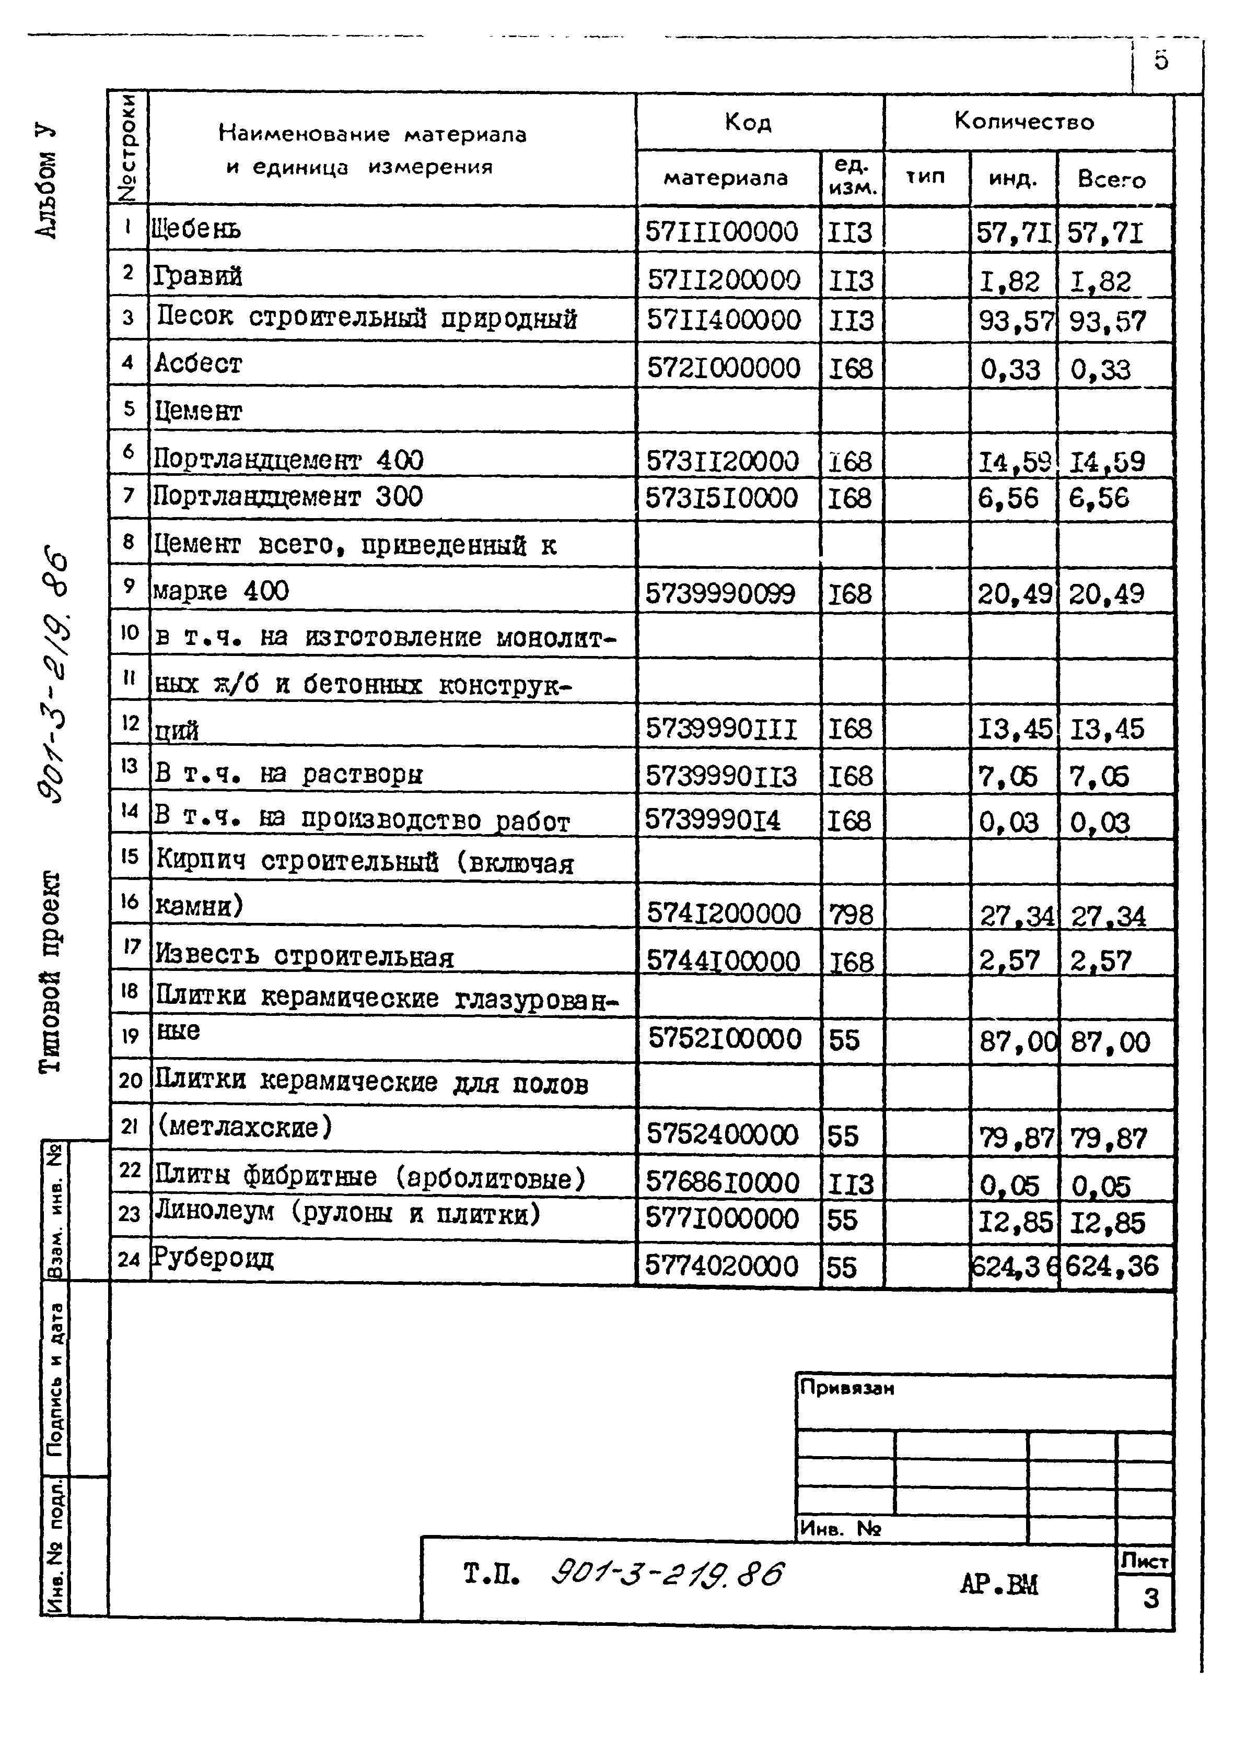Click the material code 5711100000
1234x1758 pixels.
pyautogui.click(x=721, y=231)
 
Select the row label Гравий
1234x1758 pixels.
pyautogui.click(x=197, y=276)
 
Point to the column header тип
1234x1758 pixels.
pyautogui.click(x=925, y=177)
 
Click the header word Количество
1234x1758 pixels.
pyautogui.click(x=1023, y=121)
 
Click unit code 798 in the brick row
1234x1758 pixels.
pyautogui.click(x=850, y=914)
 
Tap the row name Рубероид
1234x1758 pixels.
pyautogui.click(x=212, y=1258)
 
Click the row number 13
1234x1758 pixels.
pyautogui.click(x=129, y=766)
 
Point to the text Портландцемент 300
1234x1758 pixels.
pyautogui.click(x=287, y=497)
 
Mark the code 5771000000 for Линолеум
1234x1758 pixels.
pyautogui.click(x=721, y=1218)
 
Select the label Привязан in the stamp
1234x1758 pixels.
pyautogui.click(x=846, y=1387)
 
